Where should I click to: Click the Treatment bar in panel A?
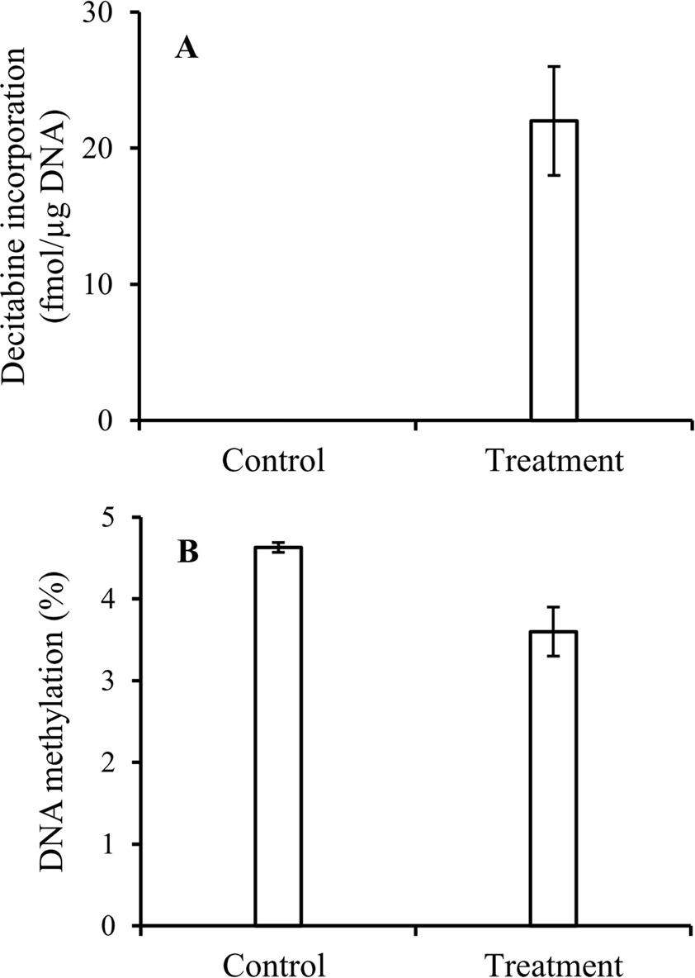[x=553, y=273]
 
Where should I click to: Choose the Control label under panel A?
[x=274, y=459]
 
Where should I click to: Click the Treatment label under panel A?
[x=552, y=459]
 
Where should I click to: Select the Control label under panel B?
[x=274, y=964]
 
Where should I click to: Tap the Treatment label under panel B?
[x=552, y=964]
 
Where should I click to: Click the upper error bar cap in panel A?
[x=553, y=67]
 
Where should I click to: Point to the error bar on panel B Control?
[x=278, y=547]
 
